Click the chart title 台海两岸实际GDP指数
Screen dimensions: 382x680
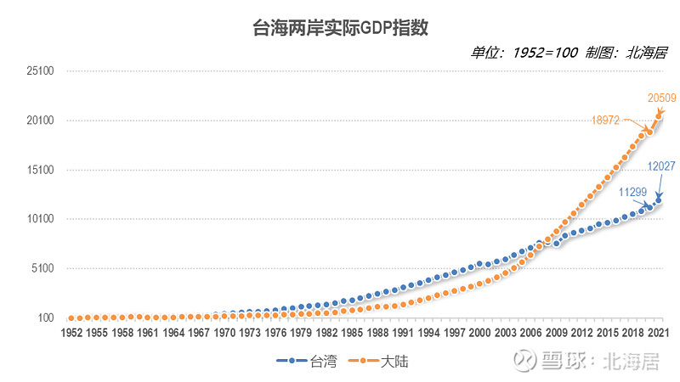[x=339, y=26]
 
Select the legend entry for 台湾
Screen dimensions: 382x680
[x=307, y=361]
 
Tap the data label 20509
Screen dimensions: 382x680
[x=661, y=98]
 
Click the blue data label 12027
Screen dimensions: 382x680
[x=661, y=166]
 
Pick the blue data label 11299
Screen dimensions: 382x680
[x=633, y=193]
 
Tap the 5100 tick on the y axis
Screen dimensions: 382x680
[x=43, y=268]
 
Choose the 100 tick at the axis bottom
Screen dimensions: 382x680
[x=46, y=317]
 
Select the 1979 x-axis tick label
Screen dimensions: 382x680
[x=299, y=333]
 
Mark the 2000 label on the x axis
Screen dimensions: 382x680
[x=480, y=333]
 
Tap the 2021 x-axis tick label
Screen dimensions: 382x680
[x=655, y=333]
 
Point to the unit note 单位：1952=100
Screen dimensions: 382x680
[x=524, y=53]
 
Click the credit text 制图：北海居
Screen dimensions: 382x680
[x=626, y=53]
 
